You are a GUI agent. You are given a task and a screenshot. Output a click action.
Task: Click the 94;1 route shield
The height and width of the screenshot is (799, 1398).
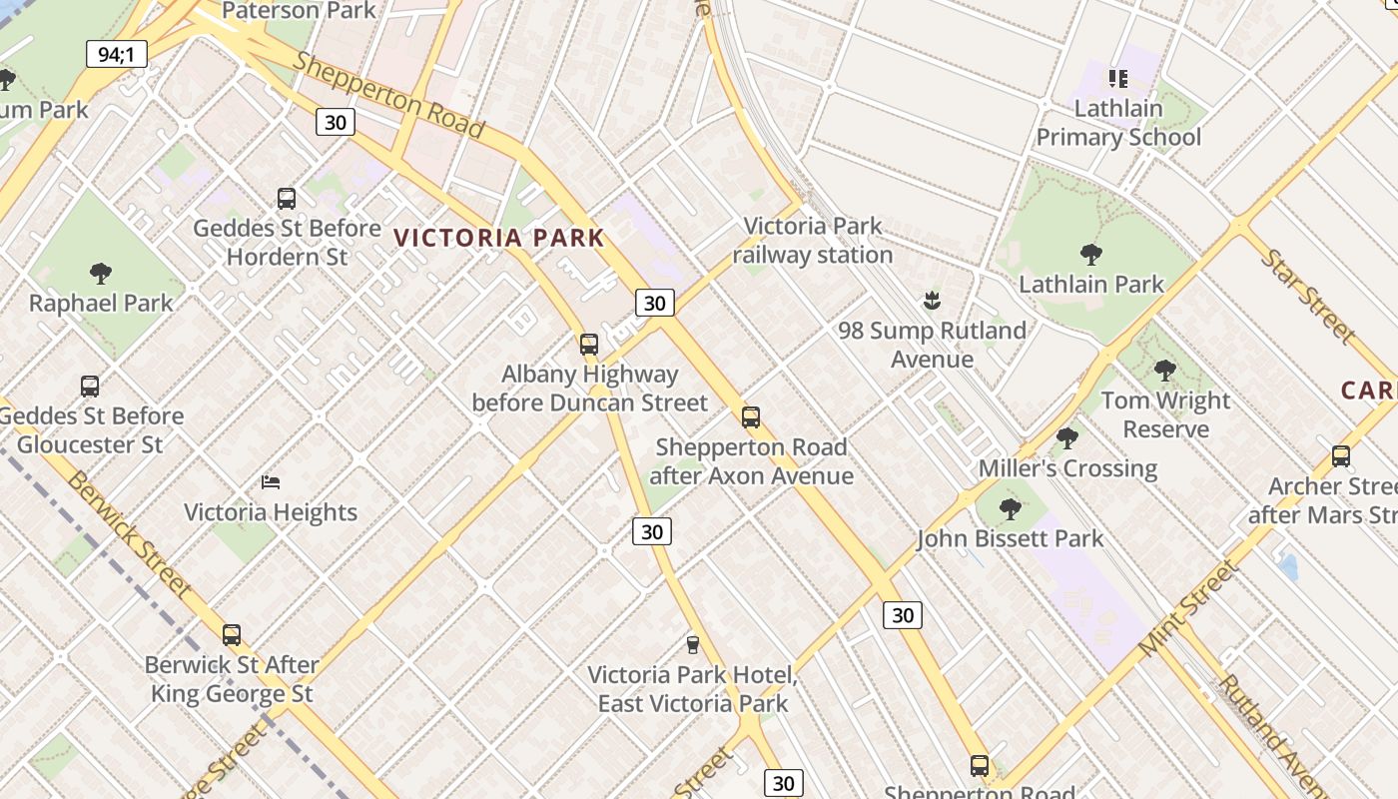tap(117, 54)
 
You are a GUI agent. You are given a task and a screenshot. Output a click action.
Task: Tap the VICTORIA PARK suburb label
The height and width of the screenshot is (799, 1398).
tap(499, 238)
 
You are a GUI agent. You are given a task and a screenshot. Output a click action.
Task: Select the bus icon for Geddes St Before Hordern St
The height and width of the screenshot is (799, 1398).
tap(287, 199)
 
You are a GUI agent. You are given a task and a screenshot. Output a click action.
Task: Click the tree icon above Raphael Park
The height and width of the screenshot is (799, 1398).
tap(101, 273)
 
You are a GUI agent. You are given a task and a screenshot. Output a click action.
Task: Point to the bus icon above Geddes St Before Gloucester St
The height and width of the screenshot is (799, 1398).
tap(90, 387)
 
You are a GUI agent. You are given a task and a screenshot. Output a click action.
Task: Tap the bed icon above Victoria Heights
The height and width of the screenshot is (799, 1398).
tap(271, 482)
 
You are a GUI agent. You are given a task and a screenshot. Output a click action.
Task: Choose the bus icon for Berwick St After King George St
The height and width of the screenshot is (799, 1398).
tap(232, 635)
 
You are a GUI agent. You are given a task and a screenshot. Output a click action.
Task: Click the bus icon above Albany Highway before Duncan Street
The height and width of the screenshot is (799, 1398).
tap(589, 345)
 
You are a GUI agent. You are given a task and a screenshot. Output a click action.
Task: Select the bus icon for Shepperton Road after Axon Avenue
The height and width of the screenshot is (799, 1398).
tap(751, 417)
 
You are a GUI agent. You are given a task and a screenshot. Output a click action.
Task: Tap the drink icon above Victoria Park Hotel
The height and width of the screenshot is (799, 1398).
tap(692, 645)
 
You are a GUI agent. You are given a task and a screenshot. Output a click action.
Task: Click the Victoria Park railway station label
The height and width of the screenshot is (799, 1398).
tap(813, 241)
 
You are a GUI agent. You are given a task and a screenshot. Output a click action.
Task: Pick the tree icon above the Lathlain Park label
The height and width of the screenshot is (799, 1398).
tap(1091, 255)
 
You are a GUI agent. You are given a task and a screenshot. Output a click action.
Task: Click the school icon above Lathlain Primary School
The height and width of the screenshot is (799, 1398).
tap(1117, 78)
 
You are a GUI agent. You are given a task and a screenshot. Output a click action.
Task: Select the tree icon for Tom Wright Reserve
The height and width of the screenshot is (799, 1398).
tap(1165, 371)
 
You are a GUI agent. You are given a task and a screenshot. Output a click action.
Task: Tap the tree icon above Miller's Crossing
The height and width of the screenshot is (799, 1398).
tap(1067, 438)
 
